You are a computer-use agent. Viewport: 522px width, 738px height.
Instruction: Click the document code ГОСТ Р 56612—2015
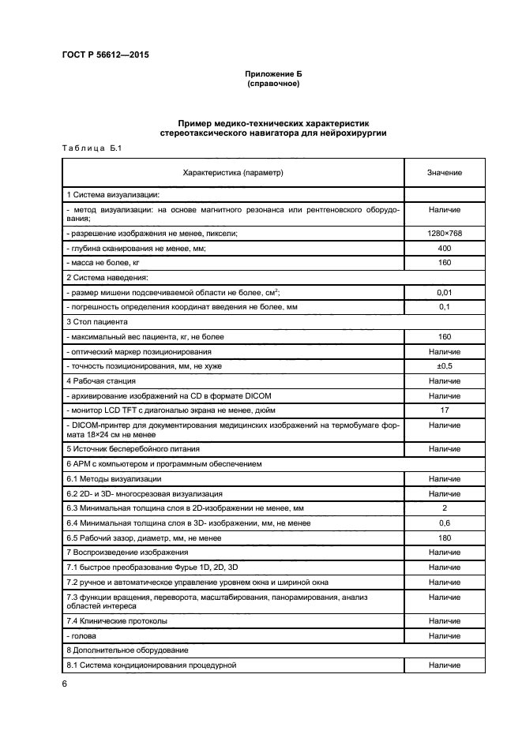[x=104, y=55]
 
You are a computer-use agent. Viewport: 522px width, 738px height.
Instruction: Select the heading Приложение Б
[x=273, y=73]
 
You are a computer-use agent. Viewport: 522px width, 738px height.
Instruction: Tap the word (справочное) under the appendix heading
[x=273, y=83]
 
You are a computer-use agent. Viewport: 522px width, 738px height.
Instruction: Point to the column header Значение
[x=445, y=172]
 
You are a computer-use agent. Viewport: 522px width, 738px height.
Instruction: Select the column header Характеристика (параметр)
[x=233, y=172]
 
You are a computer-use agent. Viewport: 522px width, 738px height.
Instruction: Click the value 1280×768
[x=445, y=234]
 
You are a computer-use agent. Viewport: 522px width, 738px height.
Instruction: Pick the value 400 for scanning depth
[x=445, y=248]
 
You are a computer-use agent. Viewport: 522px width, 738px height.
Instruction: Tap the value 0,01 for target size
[x=445, y=292]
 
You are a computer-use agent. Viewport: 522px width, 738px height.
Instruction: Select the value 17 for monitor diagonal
[x=445, y=410]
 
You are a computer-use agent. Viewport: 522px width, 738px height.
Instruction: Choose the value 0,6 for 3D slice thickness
[x=445, y=523]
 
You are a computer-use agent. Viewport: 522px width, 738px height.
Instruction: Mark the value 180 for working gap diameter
[x=445, y=538]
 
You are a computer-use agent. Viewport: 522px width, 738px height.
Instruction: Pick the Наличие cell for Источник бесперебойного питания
[x=445, y=448]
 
